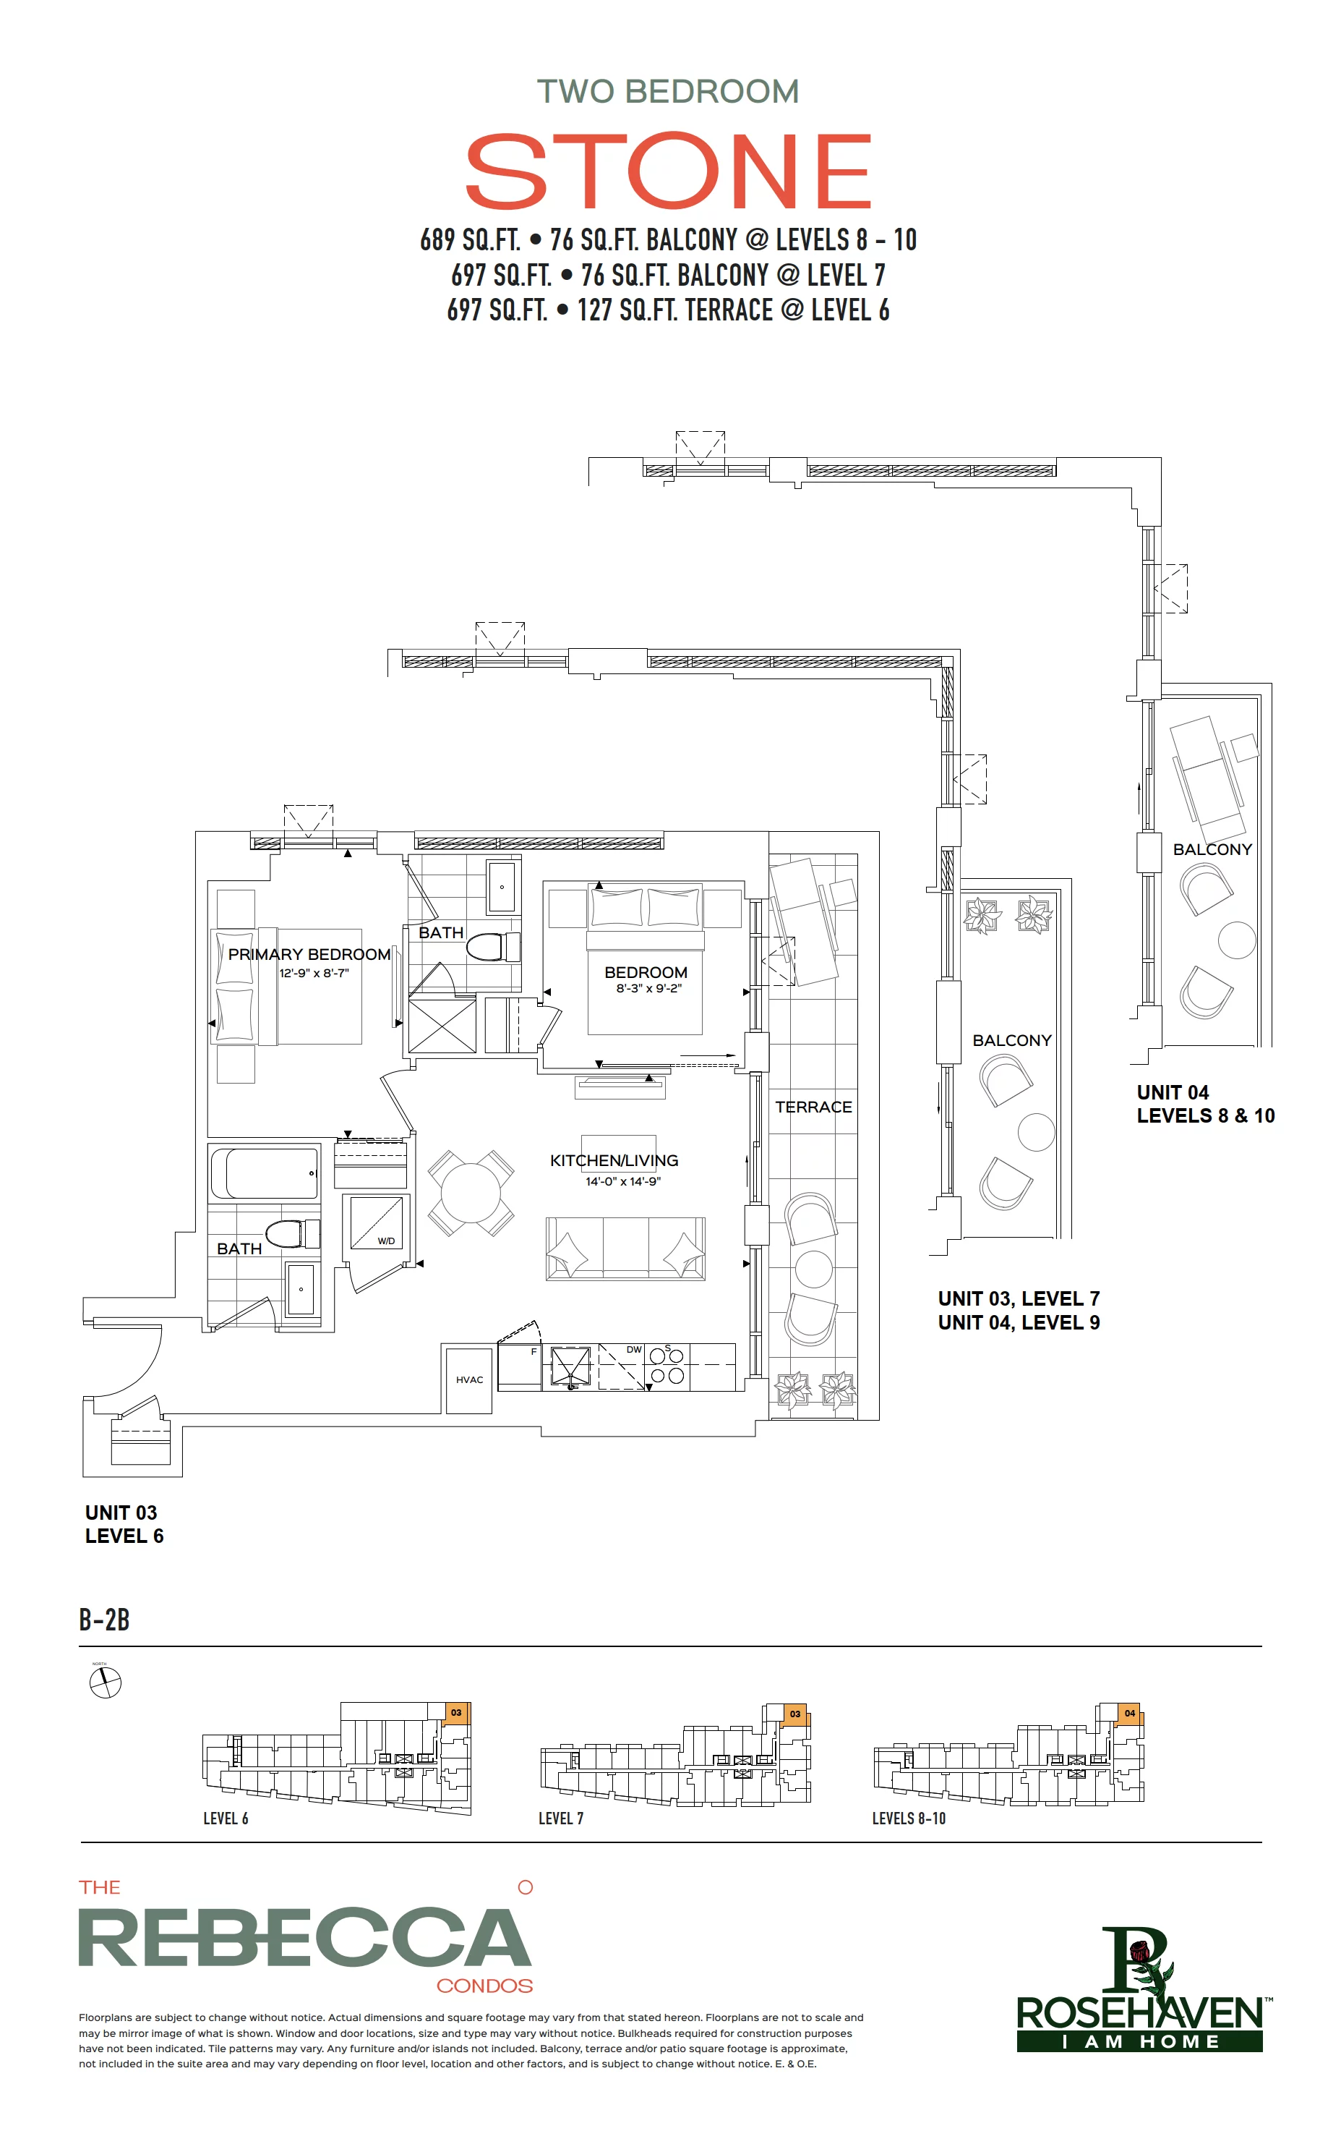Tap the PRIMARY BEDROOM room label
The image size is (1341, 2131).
coord(309,954)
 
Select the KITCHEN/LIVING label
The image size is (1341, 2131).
coord(614,1160)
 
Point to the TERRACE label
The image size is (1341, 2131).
coord(814,1107)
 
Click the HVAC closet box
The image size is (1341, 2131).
coord(469,1379)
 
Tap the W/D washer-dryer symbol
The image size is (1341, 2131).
coord(377,1222)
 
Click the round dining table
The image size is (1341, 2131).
coord(471,1193)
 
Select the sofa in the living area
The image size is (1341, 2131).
coord(625,1249)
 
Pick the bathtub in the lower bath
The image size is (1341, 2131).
coord(265,1173)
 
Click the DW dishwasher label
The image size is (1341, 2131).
coord(634,1350)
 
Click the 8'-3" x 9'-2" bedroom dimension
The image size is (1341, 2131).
coord(649,989)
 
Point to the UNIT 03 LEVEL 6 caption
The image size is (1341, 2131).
coord(124,1524)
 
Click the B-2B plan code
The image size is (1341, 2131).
coord(104,1620)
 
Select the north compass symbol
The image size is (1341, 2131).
coord(106,1682)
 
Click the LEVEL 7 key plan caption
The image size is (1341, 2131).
coord(561,1819)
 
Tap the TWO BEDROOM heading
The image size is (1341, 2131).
coord(668,91)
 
